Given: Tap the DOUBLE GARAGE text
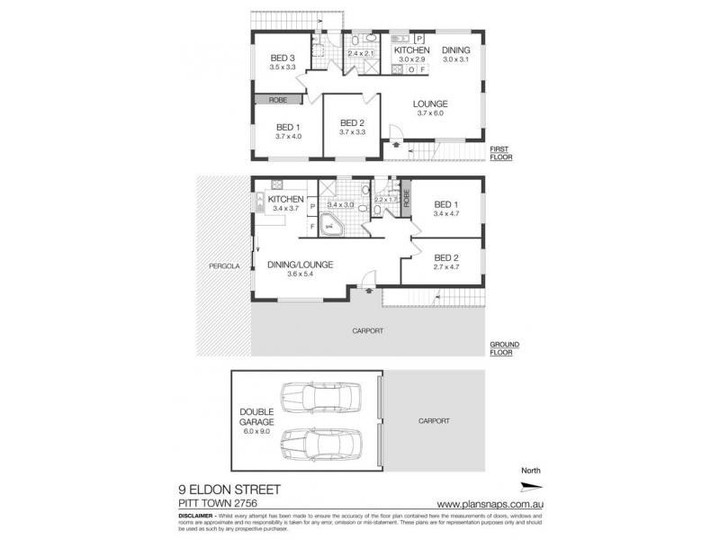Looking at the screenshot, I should point(256,420).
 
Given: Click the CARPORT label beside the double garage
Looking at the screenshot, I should point(434,420).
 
